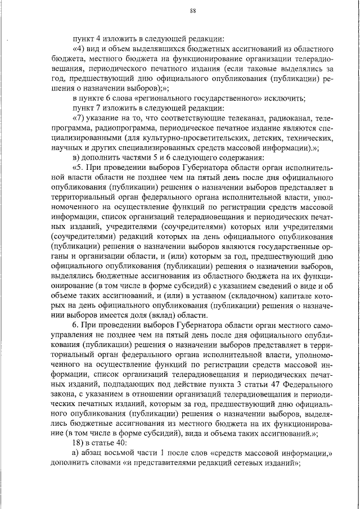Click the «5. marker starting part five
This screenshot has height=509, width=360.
click(79, 169)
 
